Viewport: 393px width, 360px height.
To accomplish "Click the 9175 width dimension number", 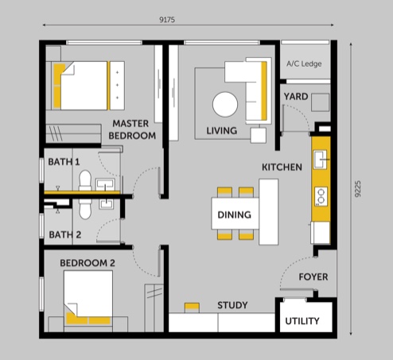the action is click(x=167, y=20).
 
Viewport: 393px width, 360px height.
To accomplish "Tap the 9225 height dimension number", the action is click(x=358, y=189).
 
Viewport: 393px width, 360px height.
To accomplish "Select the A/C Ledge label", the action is click(x=304, y=64).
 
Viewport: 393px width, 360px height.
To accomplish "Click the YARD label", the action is click(x=296, y=97).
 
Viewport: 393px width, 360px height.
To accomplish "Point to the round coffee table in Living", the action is click(x=225, y=104).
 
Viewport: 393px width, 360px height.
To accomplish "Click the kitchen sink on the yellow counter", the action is click(x=321, y=159).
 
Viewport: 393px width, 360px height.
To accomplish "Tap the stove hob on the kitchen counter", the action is click(x=321, y=196).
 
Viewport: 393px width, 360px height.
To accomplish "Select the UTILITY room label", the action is click(x=302, y=321).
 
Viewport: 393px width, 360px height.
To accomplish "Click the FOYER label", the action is click(x=313, y=277).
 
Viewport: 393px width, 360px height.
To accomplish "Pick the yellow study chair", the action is click(x=192, y=308).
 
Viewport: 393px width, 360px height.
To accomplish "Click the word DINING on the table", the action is click(x=234, y=215).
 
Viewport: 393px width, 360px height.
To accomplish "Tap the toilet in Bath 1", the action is click(x=85, y=180).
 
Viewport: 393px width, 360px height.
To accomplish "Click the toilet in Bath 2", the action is click(x=85, y=208).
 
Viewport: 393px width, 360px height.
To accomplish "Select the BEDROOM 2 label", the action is click(x=88, y=263).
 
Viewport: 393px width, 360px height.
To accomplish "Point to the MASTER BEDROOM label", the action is click(x=132, y=130).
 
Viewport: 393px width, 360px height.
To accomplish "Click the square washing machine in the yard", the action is click(x=320, y=103).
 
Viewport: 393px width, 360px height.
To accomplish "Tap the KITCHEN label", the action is click(x=282, y=167).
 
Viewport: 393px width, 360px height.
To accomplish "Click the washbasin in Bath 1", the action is click(x=106, y=184).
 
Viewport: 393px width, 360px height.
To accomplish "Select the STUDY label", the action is click(x=232, y=305).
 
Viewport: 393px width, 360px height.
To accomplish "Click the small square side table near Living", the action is click(x=259, y=135).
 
